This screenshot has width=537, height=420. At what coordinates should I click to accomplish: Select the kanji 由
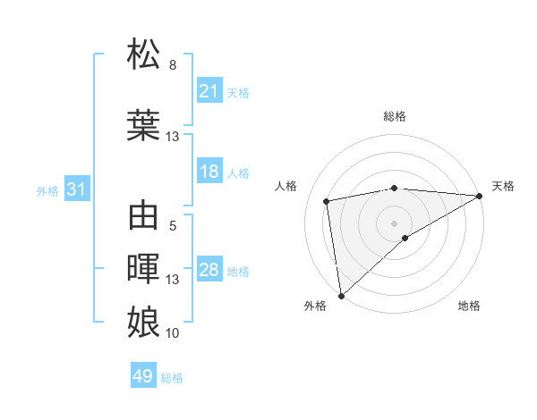point(144,216)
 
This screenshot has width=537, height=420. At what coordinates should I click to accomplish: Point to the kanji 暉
point(144,267)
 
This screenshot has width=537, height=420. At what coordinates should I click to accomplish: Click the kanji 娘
point(144,320)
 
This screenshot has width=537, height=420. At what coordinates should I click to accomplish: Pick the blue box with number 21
point(209,91)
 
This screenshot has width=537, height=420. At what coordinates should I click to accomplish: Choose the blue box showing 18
point(209,172)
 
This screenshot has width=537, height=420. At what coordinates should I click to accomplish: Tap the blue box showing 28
point(209,270)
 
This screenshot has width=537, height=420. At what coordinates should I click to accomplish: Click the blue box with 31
point(76,189)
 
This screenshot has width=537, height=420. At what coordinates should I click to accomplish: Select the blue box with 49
point(143,376)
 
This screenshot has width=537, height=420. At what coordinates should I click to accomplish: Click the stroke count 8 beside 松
point(173,65)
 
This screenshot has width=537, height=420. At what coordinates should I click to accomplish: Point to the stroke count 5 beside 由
point(173,226)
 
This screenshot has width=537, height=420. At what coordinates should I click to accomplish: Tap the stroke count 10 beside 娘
point(173,332)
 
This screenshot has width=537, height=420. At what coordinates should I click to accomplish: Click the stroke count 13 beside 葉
point(173,137)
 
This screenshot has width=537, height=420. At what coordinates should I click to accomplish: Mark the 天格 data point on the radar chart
point(480,196)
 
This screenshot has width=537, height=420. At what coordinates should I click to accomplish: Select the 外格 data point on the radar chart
point(341,295)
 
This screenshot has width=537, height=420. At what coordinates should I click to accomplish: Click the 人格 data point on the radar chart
point(328,201)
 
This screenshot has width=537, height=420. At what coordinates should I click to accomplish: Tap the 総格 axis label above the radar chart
point(394,116)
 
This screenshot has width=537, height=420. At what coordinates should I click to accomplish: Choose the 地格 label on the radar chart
point(469,307)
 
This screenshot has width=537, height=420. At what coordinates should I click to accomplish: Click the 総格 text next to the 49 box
point(172,378)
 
